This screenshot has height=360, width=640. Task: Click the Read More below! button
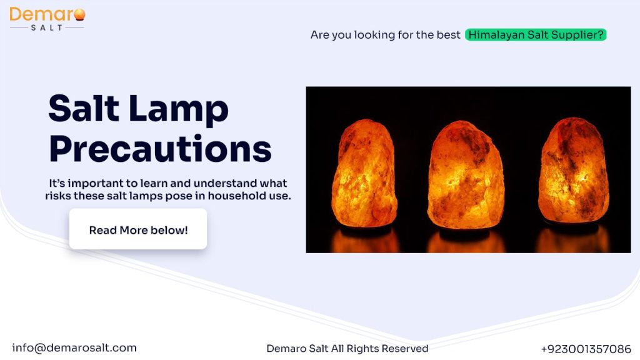click(138, 230)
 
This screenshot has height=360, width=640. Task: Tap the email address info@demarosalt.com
click(74, 348)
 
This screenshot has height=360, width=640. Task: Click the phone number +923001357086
click(586, 349)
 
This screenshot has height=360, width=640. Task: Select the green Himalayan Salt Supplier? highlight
click(536, 35)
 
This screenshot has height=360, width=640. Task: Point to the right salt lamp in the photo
click(574, 172)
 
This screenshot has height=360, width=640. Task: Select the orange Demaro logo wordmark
click(41, 14)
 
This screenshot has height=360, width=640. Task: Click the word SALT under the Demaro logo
click(46, 27)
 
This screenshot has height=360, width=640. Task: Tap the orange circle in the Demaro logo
click(79, 14)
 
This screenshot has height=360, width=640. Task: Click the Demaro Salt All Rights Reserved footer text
click(347, 349)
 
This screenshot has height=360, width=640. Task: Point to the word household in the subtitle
click(228, 196)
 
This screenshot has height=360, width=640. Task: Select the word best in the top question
click(449, 35)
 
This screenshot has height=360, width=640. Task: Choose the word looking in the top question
click(375, 35)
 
